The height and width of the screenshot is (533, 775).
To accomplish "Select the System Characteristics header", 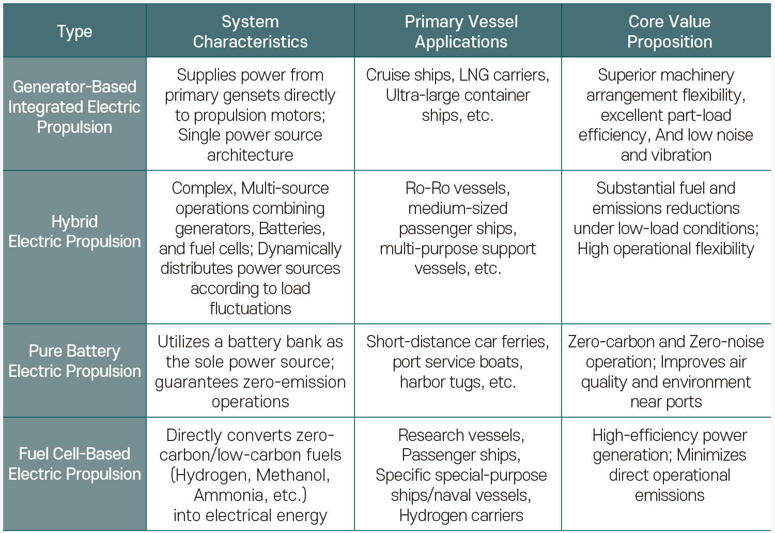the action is (x=250, y=32).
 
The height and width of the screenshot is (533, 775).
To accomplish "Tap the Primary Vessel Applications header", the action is (x=461, y=32).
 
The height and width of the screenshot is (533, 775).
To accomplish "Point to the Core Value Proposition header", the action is (x=670, y=32).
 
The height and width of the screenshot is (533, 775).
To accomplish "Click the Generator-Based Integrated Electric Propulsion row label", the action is (x=74, y=107).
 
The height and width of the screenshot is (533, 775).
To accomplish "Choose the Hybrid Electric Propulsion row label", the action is (x=74, y=232).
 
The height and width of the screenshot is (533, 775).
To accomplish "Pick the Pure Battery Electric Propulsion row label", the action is (x=74, y=361).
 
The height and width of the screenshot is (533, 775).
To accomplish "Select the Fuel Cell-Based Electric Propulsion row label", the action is (x=74, y=464).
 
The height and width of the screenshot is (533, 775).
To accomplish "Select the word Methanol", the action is (x=293, y=475).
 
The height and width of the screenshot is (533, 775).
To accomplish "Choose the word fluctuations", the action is (x=250, y=309).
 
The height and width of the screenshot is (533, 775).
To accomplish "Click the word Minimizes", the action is (x=711, y=455).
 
